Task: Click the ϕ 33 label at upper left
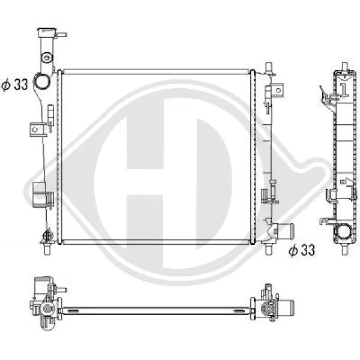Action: click(x=14, y=85)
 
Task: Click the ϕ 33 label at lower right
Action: click(x=302, y=250)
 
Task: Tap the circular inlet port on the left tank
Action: click(x=41, y=81)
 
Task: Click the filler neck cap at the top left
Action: click(x=47, y=32)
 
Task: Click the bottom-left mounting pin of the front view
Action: click(x=47, y=250)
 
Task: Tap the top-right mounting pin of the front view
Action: click(x=269, y=67)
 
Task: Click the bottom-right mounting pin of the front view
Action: click(x=268, y=250)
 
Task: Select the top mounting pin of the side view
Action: click(x=345, y=67)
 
